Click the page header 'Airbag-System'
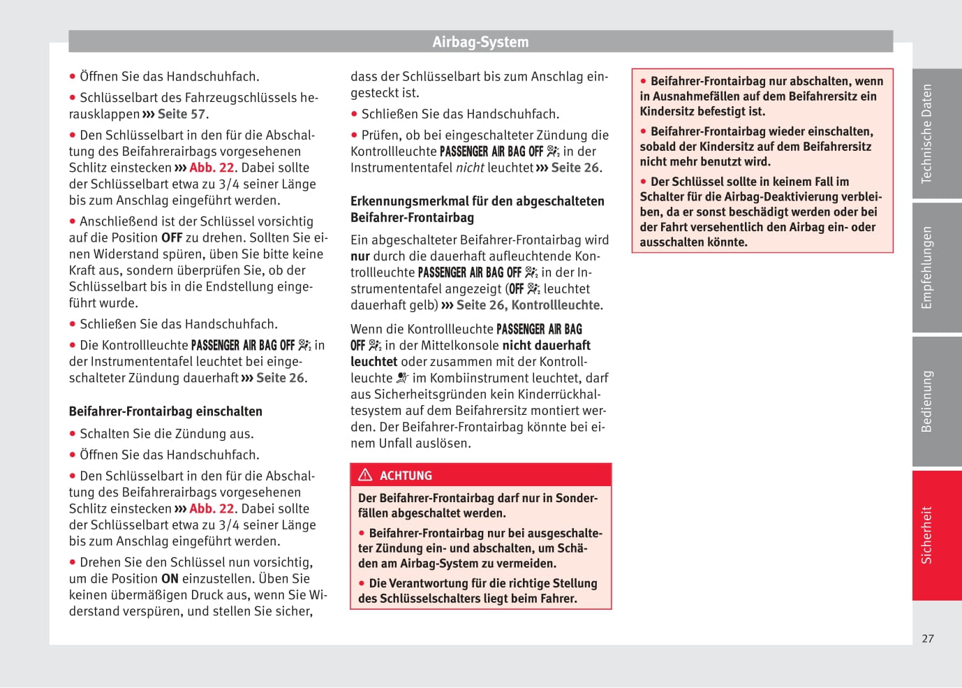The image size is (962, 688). click(x=480, y=42)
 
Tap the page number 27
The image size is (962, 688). click(x=927, y=638)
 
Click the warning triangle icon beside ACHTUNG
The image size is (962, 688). click(x=365, y=475)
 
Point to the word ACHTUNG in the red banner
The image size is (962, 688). click(x=406, y=476)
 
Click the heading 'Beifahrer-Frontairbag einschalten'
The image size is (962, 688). click(x=165, y=411)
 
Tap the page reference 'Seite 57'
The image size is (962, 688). click(x=182, y=114)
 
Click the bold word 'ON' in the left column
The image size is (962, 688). click(x=170, y=578)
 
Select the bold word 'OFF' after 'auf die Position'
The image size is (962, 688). click(x=172, y=237)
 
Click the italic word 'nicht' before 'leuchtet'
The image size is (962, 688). click(x=470, y=168)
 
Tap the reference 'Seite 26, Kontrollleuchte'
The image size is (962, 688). click(x=528, y=305)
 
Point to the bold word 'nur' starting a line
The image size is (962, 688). click(x=360, y=256)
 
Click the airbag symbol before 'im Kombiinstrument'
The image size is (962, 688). click(x=402, y=378)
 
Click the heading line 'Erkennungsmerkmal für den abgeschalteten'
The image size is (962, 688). click(x=478, y=201)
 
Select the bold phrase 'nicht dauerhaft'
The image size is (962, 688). click(x=546, y=345)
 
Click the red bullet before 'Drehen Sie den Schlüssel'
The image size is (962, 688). click(x=73, y=562)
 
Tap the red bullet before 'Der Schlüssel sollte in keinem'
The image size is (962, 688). click(x=644, y=182)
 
